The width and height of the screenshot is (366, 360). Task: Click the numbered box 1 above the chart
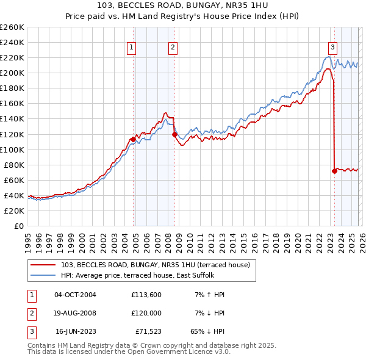(132, 47)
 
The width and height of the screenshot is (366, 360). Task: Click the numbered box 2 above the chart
(173, 47)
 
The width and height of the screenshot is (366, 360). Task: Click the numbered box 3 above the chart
(332, 47)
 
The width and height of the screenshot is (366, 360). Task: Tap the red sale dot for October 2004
(133, 139)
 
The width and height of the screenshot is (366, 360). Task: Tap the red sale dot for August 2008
(174, 134)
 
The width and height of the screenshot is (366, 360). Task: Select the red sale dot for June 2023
(334, 171)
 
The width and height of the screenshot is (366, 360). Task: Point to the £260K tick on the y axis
(12, 27)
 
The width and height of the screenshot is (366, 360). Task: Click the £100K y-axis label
(12, 149)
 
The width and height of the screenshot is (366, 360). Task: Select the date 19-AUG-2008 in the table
(75, 314)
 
